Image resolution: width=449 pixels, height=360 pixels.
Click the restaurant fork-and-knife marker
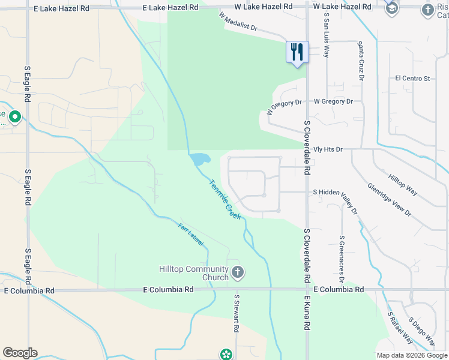pyautogui.click(x=297, y=52)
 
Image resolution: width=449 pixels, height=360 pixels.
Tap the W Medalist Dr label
pyautogui.click(x=238, y=22)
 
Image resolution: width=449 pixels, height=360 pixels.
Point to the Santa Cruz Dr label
pyautogui.click(x=361, y=61)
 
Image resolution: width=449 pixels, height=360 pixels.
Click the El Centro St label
pyautogui.click(x=412, y=79)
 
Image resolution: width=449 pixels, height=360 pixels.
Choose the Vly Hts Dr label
pyautogui.click(x=328, y=149)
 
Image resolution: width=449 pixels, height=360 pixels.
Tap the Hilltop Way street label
pyautogui.click(x=403, y=185)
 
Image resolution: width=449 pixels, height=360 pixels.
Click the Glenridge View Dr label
pyautogui.click(x=389, y=199)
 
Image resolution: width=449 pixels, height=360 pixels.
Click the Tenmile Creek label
pyautogui.click(x=224, y=199)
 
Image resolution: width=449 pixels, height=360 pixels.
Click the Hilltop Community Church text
pyautogui.click(x=194, y=273)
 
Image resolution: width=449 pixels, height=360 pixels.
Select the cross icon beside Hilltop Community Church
pyautogui.click(x=238, y=273)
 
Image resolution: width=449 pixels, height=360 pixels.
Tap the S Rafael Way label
pyautogui.click(x=400, y=328)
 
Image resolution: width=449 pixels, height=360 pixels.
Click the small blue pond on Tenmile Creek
pyautogui.click(x=200, y=159)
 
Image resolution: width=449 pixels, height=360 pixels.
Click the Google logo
pyautogui.click(x=20, y=353)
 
